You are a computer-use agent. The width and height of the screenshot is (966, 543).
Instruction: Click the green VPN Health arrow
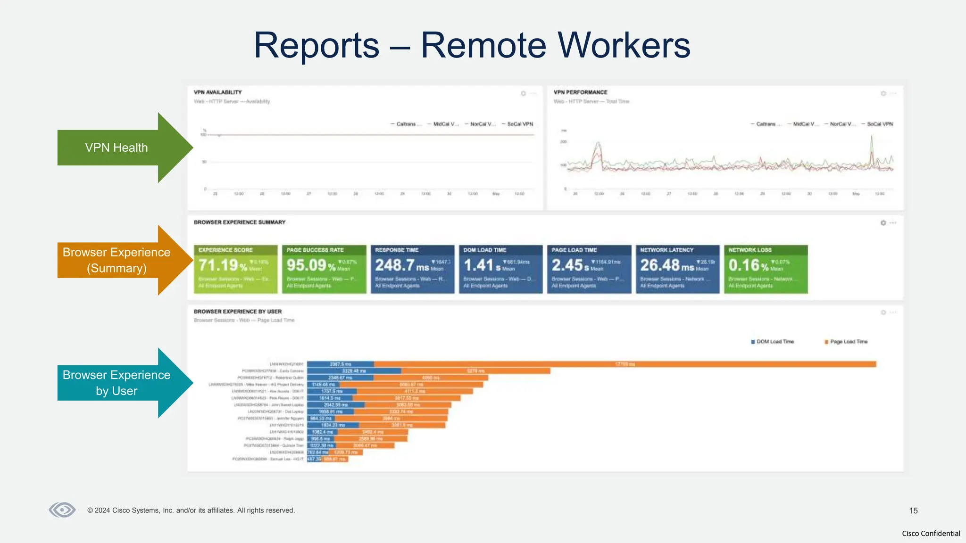(118, 148)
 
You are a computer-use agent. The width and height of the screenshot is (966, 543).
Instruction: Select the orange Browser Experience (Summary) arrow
(118, 260)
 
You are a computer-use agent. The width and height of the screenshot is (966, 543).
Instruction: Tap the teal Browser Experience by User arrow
(118, 383)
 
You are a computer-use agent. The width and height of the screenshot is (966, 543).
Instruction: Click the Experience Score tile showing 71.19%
(235, 269)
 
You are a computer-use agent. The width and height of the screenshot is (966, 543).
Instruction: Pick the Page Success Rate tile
(324, 269)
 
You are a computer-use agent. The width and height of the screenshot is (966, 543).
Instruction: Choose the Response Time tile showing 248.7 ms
(412, 269)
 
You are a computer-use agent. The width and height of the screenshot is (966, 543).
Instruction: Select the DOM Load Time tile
(500, 269)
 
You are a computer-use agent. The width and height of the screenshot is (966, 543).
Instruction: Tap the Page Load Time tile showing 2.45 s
(589, 269)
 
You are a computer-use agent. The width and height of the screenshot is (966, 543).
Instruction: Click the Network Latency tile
(677, 269)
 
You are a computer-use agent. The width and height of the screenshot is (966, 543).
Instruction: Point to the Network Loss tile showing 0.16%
(766, 269)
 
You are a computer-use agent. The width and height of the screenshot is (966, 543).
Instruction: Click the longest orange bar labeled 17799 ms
(625, 364)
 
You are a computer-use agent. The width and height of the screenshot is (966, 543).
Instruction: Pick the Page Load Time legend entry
(846, 342)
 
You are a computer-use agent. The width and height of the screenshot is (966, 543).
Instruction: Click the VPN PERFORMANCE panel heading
(580, 92)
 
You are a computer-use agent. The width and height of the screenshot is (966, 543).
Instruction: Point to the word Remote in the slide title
(484, 46)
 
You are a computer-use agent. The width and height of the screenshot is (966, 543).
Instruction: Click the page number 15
(913, 510)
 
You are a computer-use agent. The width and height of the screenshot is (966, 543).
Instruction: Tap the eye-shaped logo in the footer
(62, 510)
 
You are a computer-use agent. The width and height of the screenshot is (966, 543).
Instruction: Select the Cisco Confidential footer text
(931, 534)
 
